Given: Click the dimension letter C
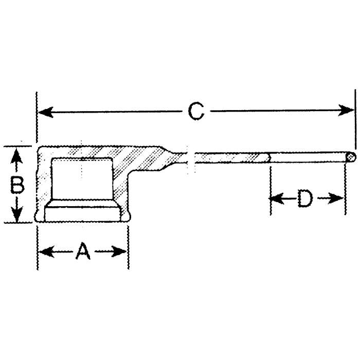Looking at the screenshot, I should coord(196,111).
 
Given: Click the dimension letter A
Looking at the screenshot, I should coord(83,251).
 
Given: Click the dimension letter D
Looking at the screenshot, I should coord(305,198).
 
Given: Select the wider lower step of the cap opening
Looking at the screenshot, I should coord(82,212).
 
